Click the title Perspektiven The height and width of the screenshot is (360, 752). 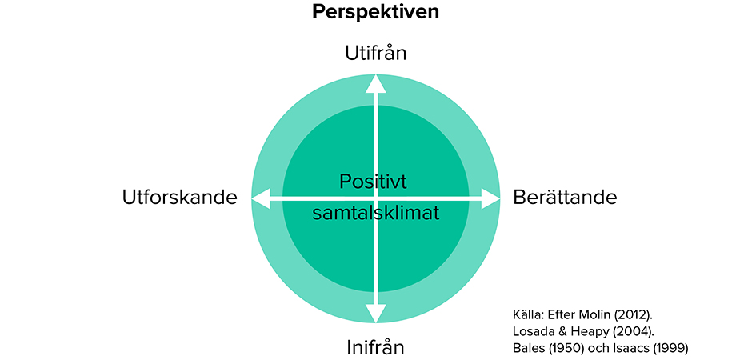375,12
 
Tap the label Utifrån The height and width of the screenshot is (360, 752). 375,54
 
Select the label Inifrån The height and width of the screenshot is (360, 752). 375,347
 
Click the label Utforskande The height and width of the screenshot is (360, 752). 180,198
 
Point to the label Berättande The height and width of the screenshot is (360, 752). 565,198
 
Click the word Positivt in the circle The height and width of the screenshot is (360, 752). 373,182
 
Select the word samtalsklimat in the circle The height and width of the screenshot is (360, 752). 375,213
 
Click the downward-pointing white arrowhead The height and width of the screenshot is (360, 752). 375,313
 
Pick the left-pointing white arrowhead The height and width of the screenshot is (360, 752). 261,198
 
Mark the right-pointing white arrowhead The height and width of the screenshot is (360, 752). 490,198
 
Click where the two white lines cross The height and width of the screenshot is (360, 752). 375,198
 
